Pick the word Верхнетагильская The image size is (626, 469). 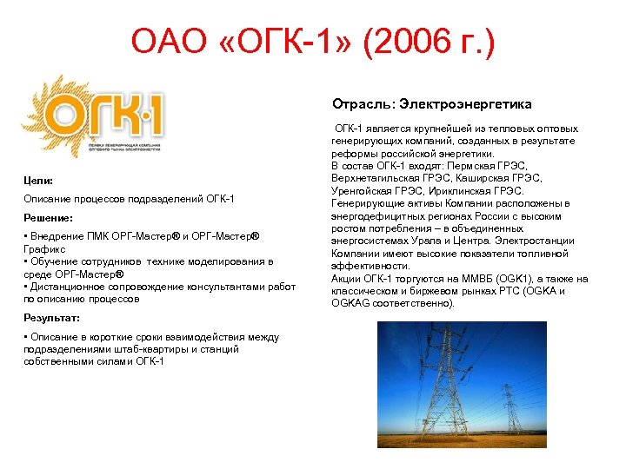click(x=375, y=178)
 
